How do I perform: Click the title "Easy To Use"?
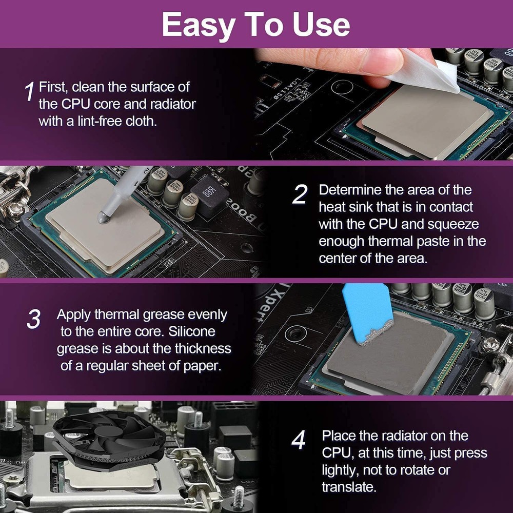coord(256,24)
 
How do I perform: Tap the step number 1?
coord(30,91)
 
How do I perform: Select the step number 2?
coord(300,195)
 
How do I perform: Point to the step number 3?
coord(33,319)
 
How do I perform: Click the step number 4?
coord(299,440)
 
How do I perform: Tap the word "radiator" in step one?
coord(171,104)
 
